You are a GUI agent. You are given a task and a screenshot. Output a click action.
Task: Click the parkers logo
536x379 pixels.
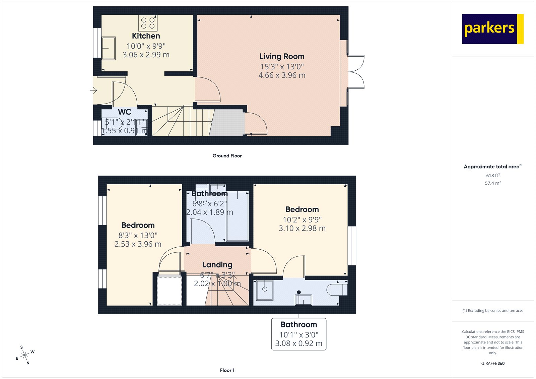point(492,29)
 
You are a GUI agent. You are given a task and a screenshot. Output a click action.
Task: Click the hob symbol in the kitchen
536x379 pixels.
point(148,23)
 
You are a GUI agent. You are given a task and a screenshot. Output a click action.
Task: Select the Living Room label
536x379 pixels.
point(282,56)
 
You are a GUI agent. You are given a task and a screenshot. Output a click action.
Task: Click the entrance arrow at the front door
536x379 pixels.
point(94,90)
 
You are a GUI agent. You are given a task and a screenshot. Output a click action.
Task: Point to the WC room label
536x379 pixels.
point(125,112)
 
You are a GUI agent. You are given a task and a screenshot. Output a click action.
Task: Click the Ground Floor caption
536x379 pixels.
point(227,156)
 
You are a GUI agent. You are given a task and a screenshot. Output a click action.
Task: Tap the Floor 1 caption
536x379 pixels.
point(227,370)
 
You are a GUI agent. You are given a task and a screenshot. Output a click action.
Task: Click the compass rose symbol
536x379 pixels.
point(25,356)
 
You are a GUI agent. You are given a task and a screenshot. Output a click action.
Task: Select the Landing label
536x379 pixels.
point(217,265)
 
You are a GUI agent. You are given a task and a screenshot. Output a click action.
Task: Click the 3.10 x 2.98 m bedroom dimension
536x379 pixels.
point(302,228)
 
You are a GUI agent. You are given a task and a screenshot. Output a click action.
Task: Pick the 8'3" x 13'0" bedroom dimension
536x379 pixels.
point(138,236)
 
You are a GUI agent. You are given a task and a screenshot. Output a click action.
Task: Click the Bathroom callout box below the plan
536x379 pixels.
point(298,334)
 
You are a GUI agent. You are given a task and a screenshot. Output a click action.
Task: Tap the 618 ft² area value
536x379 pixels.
point(493,176)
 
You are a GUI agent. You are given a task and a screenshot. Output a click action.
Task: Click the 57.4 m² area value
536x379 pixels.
point(493,183)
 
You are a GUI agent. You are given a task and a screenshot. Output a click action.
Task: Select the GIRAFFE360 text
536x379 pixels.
point(493,363)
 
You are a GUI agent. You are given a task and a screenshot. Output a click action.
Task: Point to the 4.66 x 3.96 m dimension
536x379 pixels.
point(282,75)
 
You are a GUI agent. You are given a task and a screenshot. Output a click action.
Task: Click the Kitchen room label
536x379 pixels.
point(146,36)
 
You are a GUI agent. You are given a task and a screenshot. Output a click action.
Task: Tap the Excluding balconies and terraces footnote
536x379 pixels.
point(493,311)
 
